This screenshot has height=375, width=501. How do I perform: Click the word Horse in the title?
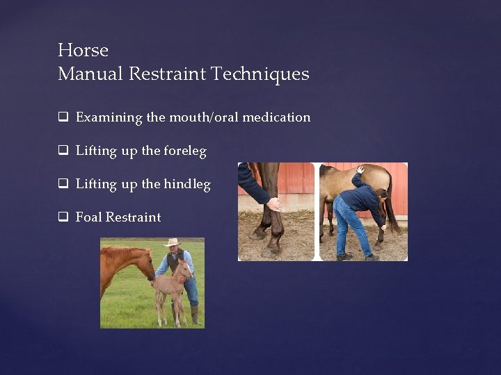83,51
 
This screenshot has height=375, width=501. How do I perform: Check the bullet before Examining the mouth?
63,118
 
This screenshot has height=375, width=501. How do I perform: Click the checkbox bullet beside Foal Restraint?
63,217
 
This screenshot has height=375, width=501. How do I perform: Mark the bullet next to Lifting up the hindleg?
63,185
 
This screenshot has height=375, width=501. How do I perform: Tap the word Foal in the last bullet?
88,217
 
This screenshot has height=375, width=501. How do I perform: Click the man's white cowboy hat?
171,242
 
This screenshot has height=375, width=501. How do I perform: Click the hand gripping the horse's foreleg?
274,203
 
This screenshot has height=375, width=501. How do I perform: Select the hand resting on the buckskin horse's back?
360,169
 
